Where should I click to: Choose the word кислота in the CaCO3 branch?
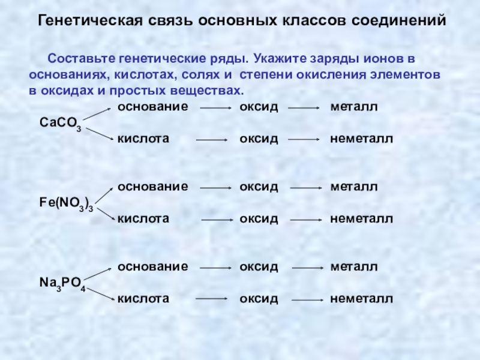(143, 139)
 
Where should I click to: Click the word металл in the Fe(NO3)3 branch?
(353, 187)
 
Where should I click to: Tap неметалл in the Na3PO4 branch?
(361, 298)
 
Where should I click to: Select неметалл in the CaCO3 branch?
(361, 139)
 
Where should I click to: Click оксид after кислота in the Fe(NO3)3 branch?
(259, 218)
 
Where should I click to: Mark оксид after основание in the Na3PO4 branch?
(259, 266)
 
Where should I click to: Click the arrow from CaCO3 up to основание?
(98, 115)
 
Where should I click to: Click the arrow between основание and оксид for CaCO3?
(215, 109)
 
